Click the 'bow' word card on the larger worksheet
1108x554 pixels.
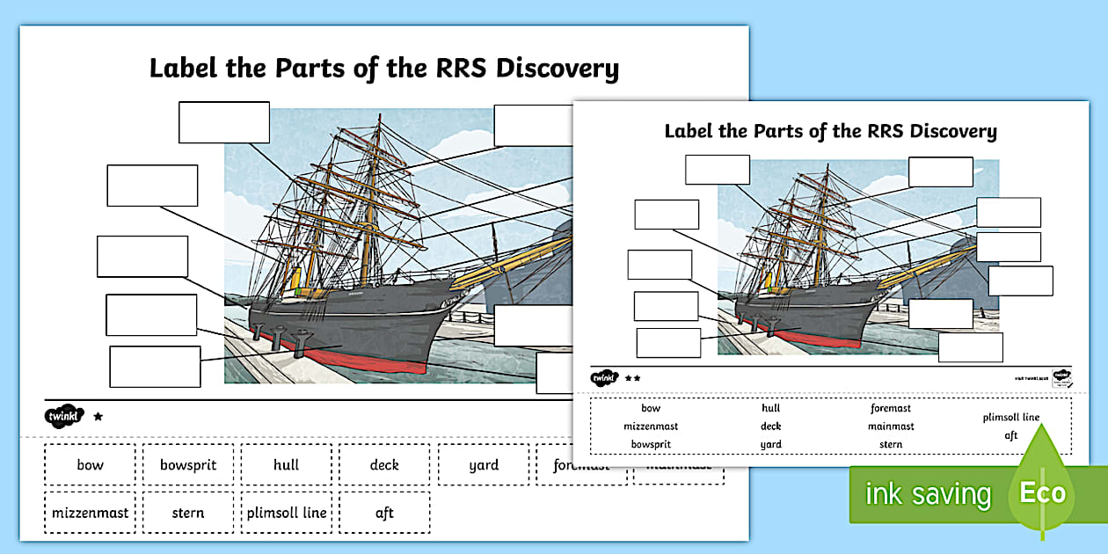tap(90, 465)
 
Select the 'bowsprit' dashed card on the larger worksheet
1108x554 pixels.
tap(188, 465)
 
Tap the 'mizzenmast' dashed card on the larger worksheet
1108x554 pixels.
tap(90, 513)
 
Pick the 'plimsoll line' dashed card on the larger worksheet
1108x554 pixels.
tap(287, 513)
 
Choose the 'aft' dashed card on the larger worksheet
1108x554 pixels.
tap(384, 513)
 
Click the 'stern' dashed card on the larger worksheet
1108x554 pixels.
tap(188, 513)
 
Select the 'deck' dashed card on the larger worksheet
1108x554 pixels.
tap(384, 465)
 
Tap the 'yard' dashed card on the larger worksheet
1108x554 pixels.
tap(484, 465)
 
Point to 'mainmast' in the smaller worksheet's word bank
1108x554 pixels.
tap(891, 426)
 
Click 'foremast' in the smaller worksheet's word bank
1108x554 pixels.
tap(891, 408)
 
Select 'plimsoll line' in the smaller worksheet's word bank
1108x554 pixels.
tap(1011, 417)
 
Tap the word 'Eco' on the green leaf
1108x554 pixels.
tap(1042, 492)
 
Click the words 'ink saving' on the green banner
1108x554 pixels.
tap(928, 494)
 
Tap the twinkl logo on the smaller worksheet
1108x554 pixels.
tap(604, 378)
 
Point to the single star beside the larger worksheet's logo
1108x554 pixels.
tap(98, 417)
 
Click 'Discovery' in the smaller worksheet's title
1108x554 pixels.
tap(953, 132)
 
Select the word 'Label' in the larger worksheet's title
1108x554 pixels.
tap(181, 69)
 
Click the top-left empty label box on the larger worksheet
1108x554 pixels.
tap(224, 122)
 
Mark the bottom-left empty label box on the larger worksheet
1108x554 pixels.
tap(155, 367)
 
